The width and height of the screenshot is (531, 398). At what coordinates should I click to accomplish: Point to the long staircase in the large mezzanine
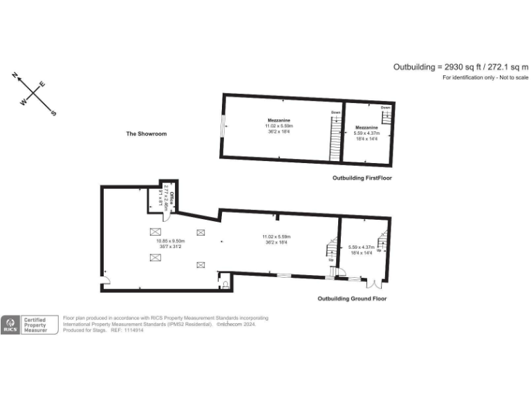click(335, 138)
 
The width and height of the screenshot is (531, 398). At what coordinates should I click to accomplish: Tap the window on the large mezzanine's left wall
click(223, 127)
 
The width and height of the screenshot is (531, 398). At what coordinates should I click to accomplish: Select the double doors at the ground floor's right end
click(374, 283)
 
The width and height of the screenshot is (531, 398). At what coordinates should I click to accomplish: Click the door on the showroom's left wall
click(106, 279)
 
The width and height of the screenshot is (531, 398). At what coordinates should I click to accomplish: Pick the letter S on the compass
click(54, 113)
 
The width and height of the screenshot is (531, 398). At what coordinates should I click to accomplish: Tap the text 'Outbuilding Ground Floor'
click(352, 298)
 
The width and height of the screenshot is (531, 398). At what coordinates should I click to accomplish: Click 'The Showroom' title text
click(146, 133)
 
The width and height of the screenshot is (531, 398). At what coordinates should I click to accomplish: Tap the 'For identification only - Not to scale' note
click(485, 77)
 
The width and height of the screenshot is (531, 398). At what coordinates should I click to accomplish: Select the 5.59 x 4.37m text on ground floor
click(361, 247)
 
